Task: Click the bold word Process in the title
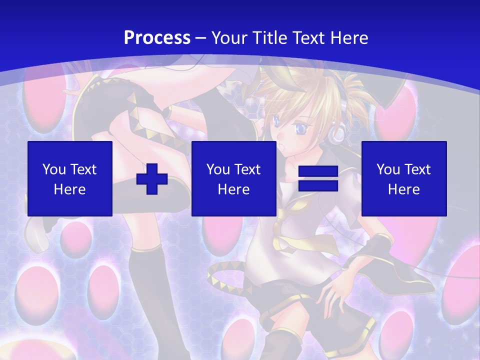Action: coord(157,38)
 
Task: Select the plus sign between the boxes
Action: coord(152,178)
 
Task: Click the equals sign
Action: coord(318,178)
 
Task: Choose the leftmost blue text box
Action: coord(70,178)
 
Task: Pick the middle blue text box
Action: coord(234,178)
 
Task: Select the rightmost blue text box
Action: coord(404,178)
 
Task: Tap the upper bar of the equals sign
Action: coord(318,171)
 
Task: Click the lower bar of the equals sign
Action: coord(318,186)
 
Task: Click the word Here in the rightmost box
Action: coord(404,189)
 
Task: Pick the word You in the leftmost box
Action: coord(53,169)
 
